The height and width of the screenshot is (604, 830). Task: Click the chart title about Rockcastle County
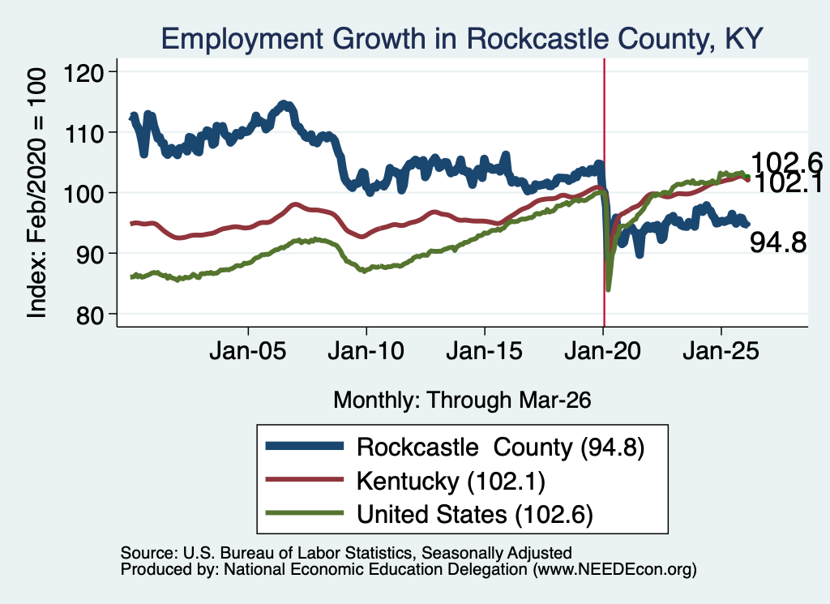pyautogui.click(x=461, y=39)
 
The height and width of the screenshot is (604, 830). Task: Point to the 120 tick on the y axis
pyautogui.click(x=83, y=72)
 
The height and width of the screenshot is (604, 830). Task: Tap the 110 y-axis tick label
pyautogui.click(x=83, y=133)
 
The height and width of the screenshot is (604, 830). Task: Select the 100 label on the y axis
pyautogui.click(x=83, y=193)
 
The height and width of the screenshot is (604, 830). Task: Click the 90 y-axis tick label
pyautogui.click(x=90, y=254)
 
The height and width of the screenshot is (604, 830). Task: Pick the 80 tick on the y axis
pyautogui.click(x=90, y=315)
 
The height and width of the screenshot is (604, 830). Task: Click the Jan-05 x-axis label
pyautogui.click(x=248, y=351)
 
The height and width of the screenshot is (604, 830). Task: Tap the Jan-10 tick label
pyautogui.click(x=366, y=351)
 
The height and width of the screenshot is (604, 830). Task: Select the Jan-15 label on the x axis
pyautogui.click(x=485, y=351)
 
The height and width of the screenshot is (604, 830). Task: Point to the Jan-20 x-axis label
pyautogui.click(x=603, y=351)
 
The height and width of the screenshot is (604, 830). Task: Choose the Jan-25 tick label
pyautogui.click(x=721, y=351)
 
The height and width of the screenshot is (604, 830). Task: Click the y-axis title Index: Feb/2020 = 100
pyautogui.click(x=36, y=193)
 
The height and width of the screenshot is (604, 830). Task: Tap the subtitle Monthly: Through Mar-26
pyautogui.click(x=462, y=400)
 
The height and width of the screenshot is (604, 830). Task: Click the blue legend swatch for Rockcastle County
pyautogui.click(x=305, y=446)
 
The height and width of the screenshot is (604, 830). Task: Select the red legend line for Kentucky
pyautogui.click(x=305, y=480)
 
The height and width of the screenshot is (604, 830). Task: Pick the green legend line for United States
pyautogui.click(x=305, y=513)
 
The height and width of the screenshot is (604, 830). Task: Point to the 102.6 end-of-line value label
pyautogui.click(x=786, y=162)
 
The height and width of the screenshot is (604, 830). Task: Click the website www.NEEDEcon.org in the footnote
pyautogui.click(x=614, y=570)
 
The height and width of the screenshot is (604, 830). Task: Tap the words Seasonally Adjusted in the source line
pyautogui.click(x=497, y=553)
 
